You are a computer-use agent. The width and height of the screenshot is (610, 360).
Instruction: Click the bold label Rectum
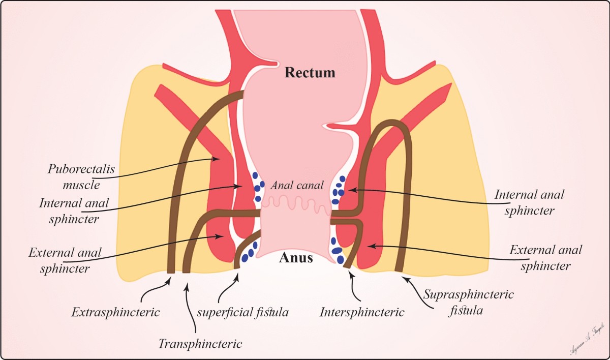coord(310,73)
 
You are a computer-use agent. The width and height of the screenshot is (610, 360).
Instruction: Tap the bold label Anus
coord(296,258)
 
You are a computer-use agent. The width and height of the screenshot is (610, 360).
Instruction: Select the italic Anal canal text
coord(297,186)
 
